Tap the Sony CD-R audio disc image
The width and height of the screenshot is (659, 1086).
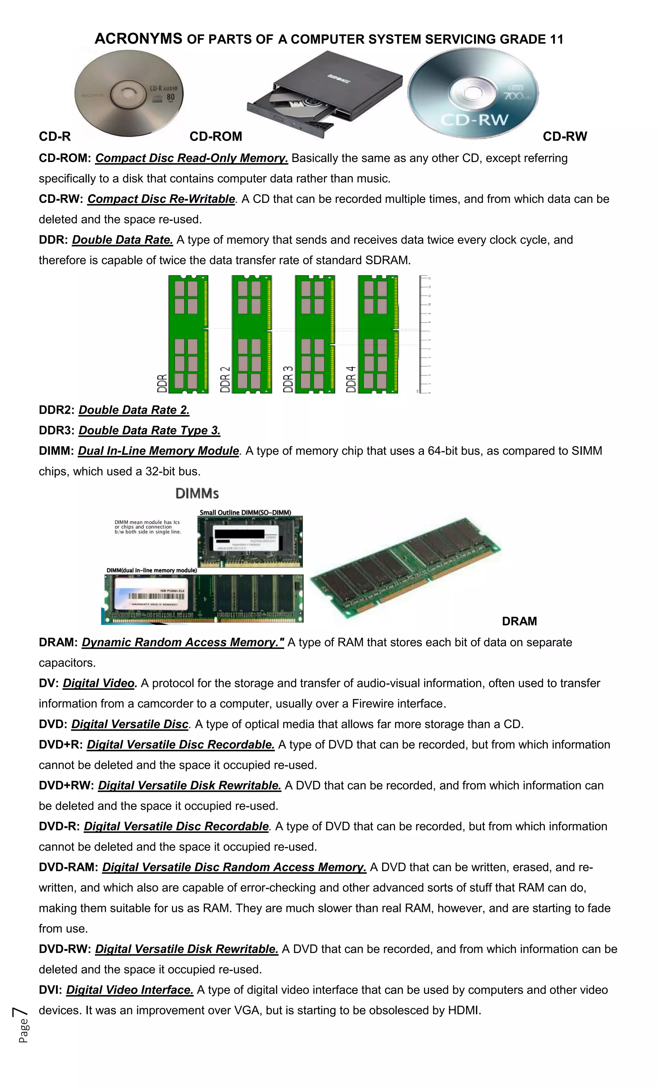tap(129, 93)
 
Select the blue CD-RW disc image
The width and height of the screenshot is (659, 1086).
tap(473, 93)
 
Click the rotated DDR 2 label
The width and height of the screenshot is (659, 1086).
tap(225, 379)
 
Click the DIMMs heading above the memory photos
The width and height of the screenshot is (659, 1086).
tap(197, 494)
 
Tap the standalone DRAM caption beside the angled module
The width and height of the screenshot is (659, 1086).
tap(519, 621)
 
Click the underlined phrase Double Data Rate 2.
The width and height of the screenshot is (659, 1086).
tap(134, 410)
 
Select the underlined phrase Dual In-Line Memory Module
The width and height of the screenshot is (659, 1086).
tap(158, 451)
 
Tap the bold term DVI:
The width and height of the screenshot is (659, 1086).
tap(50, 990)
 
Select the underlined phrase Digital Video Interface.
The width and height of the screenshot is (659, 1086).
tap(129, 990)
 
